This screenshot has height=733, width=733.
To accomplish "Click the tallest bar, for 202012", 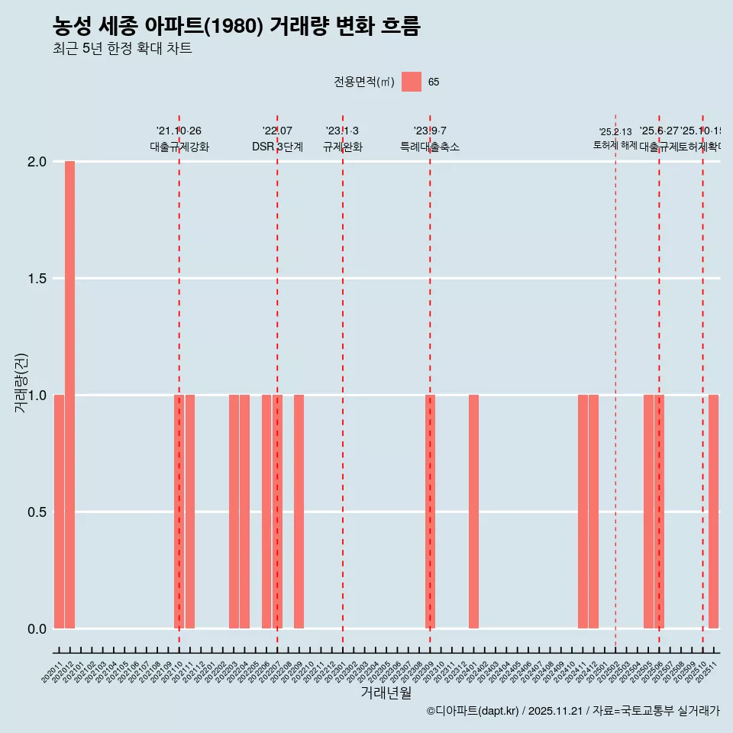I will pos(69,395).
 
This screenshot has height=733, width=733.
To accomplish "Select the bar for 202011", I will pos(59,512).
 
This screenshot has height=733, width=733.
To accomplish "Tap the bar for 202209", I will pos(299,512).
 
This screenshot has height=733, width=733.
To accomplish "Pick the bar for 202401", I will pos(473,512).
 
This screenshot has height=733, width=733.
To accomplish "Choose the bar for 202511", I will pos(713,512).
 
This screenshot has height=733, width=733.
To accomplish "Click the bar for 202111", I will pos(190,512).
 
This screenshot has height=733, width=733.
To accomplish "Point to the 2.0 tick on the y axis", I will pos(37,162).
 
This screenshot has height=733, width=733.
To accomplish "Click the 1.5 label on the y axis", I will pos(37,279).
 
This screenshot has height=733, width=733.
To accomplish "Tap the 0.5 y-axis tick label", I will pos(37,512).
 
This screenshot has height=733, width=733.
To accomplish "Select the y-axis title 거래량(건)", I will pos(21,383).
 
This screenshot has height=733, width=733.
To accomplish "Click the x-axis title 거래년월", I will pos(386,693).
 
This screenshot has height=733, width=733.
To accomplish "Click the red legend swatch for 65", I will pos(412,82).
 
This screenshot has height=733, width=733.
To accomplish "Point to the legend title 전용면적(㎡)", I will pos(363,82).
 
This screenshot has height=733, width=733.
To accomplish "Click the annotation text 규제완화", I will pos(342,147).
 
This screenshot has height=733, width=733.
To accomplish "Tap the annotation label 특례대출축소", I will pos(430,147).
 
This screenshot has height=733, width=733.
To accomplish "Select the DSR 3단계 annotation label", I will pos(277,147).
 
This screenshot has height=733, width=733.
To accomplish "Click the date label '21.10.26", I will pos(179,131).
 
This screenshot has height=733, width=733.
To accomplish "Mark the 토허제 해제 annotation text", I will pos(615,145).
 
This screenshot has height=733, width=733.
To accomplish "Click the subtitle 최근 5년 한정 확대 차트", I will pos(122,49).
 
